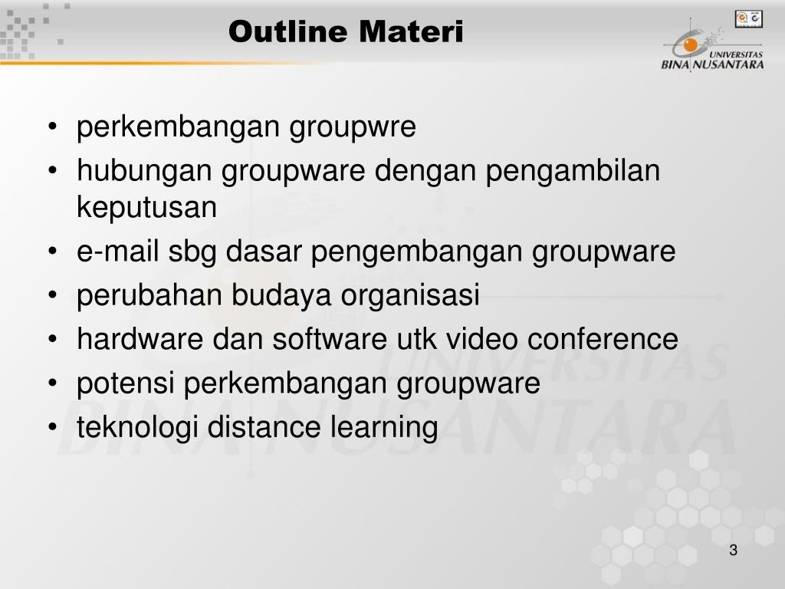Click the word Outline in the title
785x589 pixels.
(288, 31)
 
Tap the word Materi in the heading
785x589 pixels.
(411, 31)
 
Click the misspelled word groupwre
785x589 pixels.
(353, 127)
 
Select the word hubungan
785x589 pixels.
(144, 171)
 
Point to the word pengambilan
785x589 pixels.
(573, 171)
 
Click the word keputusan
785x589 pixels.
(146, 207)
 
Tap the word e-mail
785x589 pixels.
(117, 251)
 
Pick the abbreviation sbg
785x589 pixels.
(192, 252)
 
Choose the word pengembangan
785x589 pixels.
(416, 252)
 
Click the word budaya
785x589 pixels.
(281, 295)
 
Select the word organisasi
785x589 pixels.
(410, 295)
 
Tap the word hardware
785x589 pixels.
(140, 338)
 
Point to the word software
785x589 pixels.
(330, 338)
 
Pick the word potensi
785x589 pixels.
(126, 383)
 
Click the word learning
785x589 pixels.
(384, 428)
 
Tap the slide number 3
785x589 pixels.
(734, 550)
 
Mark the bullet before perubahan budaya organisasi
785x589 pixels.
(53, 295)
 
